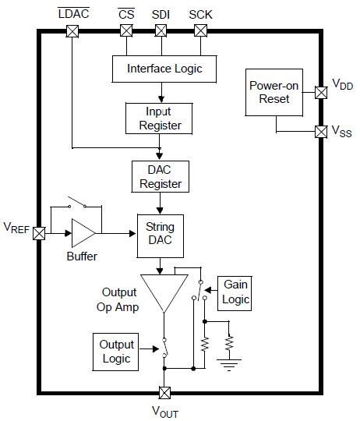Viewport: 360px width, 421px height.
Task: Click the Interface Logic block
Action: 164,69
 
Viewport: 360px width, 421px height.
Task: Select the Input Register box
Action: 159,118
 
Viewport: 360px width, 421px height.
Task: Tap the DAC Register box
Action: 159,177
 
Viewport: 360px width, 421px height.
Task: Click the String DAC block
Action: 160,234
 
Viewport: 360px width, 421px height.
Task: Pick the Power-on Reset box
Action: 269,91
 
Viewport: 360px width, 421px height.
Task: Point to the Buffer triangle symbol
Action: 82,233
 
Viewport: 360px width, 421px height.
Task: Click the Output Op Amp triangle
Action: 164,293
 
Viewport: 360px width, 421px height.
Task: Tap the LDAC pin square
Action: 72,31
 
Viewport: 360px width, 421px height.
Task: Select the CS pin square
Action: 125,31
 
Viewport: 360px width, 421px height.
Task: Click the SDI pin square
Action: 161,31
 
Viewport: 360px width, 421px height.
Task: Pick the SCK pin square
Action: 199,31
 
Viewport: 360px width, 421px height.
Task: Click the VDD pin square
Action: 320,93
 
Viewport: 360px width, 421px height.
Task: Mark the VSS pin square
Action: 320,132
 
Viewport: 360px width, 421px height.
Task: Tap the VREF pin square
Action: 38,233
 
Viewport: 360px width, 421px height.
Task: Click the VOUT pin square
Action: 164,392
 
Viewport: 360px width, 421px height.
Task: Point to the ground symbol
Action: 228,359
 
